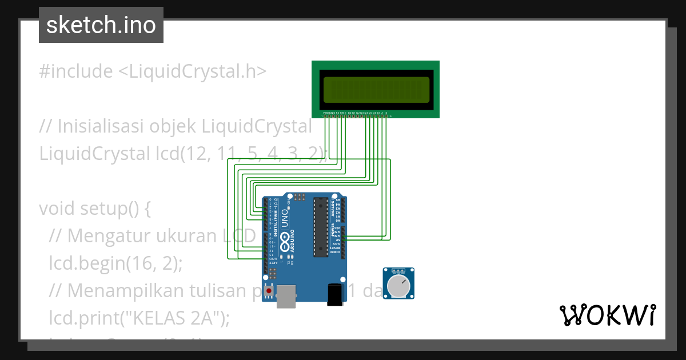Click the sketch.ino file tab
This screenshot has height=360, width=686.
click(101, 25)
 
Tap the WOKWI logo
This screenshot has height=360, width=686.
click(607, 315)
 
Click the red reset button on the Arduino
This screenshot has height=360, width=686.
click(269, 291)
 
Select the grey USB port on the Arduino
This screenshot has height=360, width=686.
click(286, 296)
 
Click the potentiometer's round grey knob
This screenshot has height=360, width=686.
click(398, 286)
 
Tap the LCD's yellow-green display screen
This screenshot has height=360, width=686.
click(376, 89)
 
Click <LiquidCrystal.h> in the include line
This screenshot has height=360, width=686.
click(192, 71)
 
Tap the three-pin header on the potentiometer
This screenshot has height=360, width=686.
click(398, 270)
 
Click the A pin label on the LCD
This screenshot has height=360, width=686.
click(382, 113)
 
